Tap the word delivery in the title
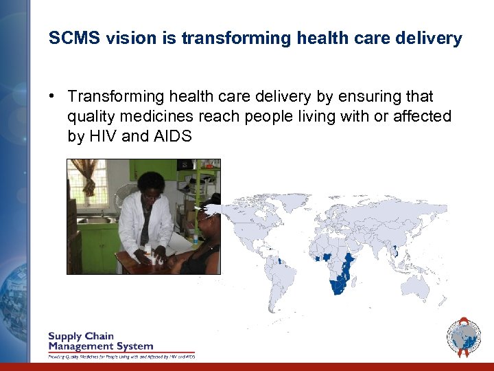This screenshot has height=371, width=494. click(x=432, y=38)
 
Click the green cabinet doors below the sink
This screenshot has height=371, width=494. click(x=100, y=248)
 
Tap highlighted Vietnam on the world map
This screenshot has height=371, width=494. click(x=397, y=251)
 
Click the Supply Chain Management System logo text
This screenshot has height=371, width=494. click(x=100, y=341)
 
